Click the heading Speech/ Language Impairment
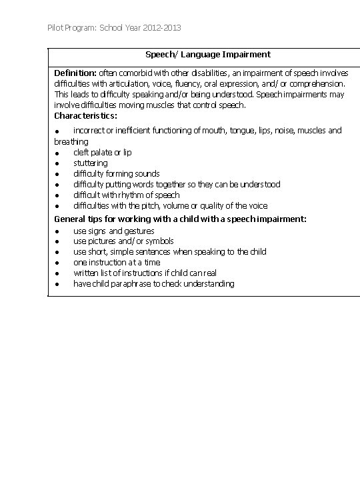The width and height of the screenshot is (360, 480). click(208, 54)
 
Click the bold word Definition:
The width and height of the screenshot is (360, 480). click(75, 73)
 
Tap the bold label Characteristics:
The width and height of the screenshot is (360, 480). click(85, 115)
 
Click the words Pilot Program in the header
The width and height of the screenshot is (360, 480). click(71, 28)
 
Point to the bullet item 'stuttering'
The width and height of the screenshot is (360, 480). click(90, 163)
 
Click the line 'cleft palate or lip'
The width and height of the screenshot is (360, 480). click(102, 152)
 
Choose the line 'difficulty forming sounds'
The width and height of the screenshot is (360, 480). click(116, 173)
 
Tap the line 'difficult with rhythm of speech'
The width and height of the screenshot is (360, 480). click(126, 195)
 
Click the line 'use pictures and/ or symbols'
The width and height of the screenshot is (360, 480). click(123, 241)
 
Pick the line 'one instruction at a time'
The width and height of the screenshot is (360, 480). click(117, 262)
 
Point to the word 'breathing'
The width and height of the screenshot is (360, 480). click(71, 141)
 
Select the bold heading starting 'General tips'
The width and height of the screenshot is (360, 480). click(180, 219)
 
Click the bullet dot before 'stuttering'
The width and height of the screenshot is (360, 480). click(58, 163)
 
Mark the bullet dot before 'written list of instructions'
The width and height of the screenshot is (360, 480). click(58, 273)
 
